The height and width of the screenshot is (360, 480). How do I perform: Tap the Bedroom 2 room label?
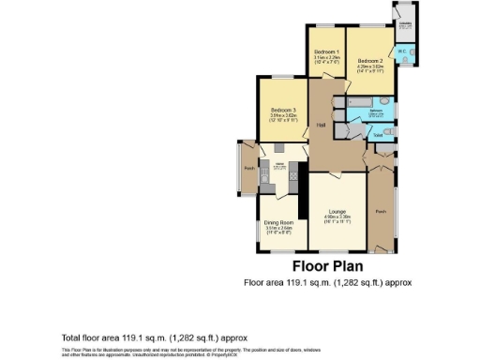coord(369,58)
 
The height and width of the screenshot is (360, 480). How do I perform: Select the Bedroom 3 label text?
coord(282,110)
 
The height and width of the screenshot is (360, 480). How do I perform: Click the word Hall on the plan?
coord(320,125)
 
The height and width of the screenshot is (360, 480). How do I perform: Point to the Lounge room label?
coord(337,212)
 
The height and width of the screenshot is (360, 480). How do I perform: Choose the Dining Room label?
coord(278,221)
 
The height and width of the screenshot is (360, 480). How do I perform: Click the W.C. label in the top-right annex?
coord(400,52)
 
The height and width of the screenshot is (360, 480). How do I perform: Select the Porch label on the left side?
coord(249,168)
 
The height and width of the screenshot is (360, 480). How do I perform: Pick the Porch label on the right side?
coord(380,212)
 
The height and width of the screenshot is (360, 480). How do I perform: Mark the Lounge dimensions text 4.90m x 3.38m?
coord(337,217)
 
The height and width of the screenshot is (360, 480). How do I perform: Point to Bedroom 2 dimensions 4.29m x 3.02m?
coord(369,65)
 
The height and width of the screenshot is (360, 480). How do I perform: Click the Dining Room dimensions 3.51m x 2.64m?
coord(278,227)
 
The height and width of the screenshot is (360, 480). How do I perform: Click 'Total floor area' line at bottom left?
coord(141,337)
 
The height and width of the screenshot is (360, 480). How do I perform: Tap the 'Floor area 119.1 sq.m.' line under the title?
coord(327,281)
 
